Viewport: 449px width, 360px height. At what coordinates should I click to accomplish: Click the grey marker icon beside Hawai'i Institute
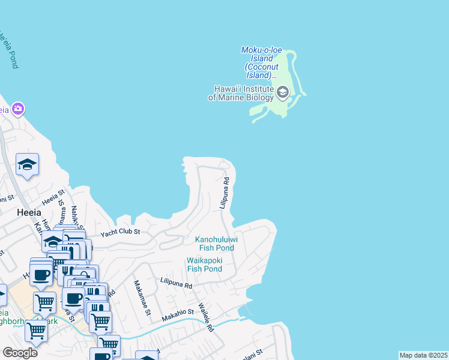pyautogui.click(x=283, y=92)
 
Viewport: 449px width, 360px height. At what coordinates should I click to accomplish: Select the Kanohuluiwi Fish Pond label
pyautogui.click(x=217, y=243)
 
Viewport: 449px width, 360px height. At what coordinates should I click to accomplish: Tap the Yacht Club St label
pyautogui.click(x=120, y=232)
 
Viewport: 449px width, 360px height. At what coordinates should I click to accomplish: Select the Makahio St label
pyautogui.click(x=178, y=312)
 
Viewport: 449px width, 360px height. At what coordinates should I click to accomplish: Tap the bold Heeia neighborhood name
pyautogui.click(x=29, y=212)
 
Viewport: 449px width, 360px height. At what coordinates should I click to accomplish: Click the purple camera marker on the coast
pyautogui.click(x=18, y=109)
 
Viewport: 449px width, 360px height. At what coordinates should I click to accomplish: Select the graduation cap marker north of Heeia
pyautogui.click(x=27, y=164)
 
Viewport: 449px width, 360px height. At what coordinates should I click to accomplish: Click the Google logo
pyautogui.click(x=20, y=352)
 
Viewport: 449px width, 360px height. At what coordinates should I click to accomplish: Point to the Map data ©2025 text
pyautogui.click(x=423, y=355)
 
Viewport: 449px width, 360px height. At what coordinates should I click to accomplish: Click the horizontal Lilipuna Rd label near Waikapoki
pyautogui.click(x=176, y=282)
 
